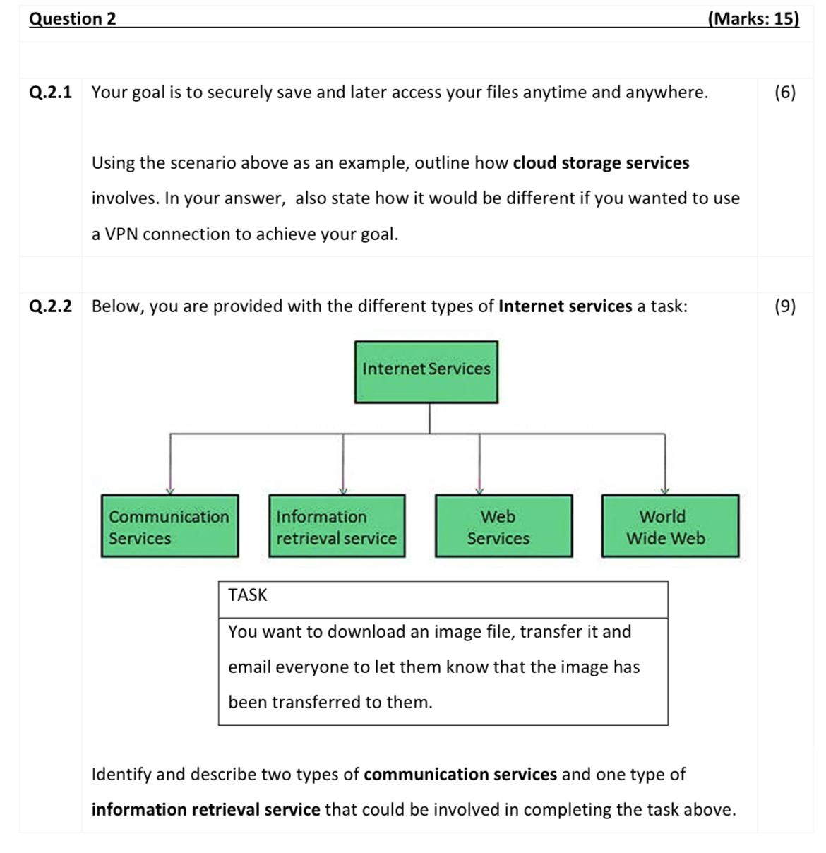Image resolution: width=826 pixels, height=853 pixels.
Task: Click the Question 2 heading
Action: click(73, 18)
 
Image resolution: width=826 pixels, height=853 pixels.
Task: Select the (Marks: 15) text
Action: click(753, 18)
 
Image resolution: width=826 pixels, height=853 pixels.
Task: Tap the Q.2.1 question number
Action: click(50, 93)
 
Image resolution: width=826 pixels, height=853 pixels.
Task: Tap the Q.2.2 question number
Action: click(50, 306)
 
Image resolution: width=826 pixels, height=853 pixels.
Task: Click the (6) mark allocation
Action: click(784, 93)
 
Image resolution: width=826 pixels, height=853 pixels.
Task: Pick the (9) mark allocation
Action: click(784, 306)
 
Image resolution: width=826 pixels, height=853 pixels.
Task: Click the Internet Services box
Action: click(426, 372)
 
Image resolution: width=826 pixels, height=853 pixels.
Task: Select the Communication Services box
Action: click(169, 527)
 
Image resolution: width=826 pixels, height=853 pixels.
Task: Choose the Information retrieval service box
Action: click(336, 527)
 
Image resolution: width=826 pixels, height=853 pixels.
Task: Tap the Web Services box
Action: click(503, 527)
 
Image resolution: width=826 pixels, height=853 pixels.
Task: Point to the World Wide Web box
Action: click(670, 527)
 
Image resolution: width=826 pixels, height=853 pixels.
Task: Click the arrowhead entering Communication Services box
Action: click(169, 491)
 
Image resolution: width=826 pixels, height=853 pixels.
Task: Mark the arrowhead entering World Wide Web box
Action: click(664, 491)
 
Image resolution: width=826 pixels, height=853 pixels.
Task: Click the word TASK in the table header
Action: click(248, 595)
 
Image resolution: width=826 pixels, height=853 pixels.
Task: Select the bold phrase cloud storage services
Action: click(601, 163)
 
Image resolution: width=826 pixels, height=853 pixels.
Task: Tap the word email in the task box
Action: click(249, 667)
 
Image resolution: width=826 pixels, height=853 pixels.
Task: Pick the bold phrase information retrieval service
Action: click(205, 810)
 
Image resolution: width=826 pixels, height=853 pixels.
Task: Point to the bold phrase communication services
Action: click(460, 775)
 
